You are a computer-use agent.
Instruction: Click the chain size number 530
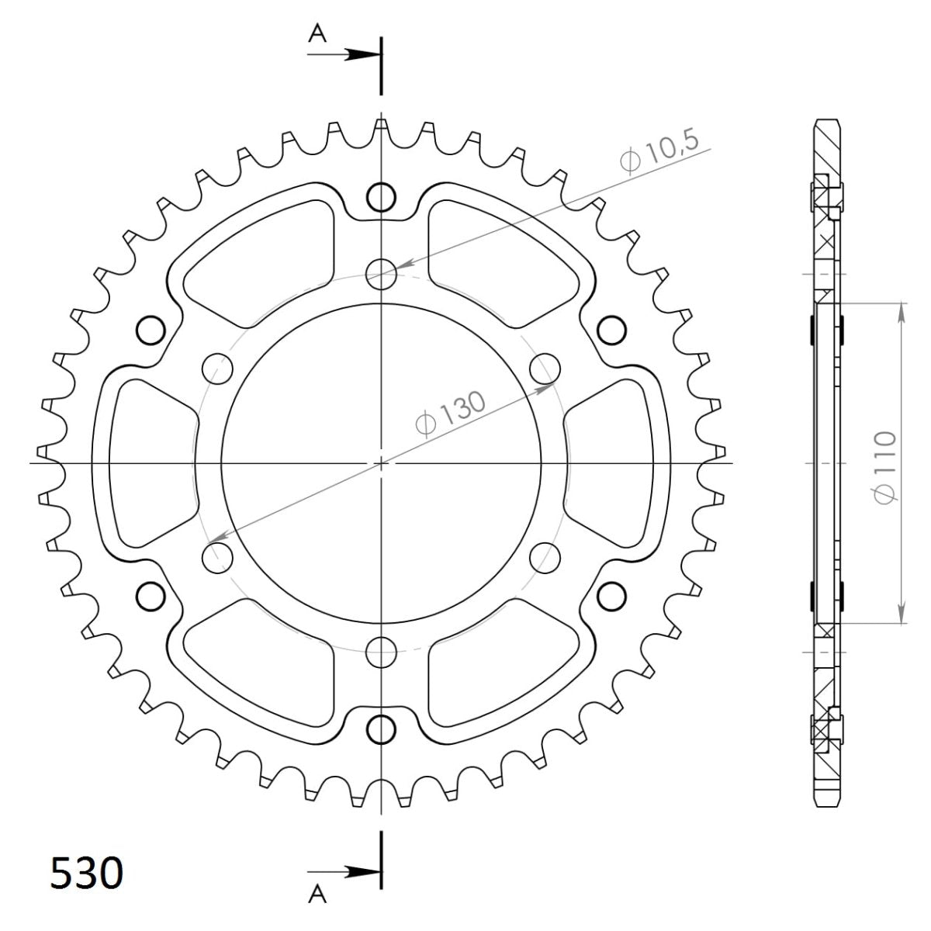point(86,873)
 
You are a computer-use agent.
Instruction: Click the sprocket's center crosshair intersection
point(381,463)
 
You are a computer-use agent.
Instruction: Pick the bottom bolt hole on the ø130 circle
point(381,650)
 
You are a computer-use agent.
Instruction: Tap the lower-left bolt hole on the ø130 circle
point(217,556)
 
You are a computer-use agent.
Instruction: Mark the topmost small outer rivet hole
point(381,197)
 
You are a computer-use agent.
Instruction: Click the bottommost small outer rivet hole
point(381,729)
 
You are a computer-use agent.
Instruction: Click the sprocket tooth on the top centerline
point(381,126)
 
